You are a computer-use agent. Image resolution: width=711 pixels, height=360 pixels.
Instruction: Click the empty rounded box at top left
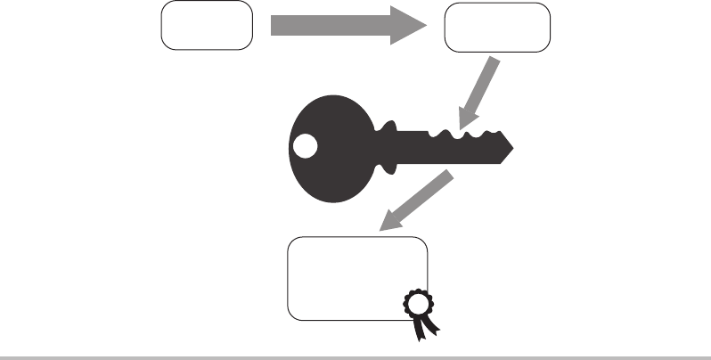coord(207,27)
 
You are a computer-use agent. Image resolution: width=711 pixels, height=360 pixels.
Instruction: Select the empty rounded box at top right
coord(496,29)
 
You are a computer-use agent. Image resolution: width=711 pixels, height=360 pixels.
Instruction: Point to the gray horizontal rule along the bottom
coord(355,358)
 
